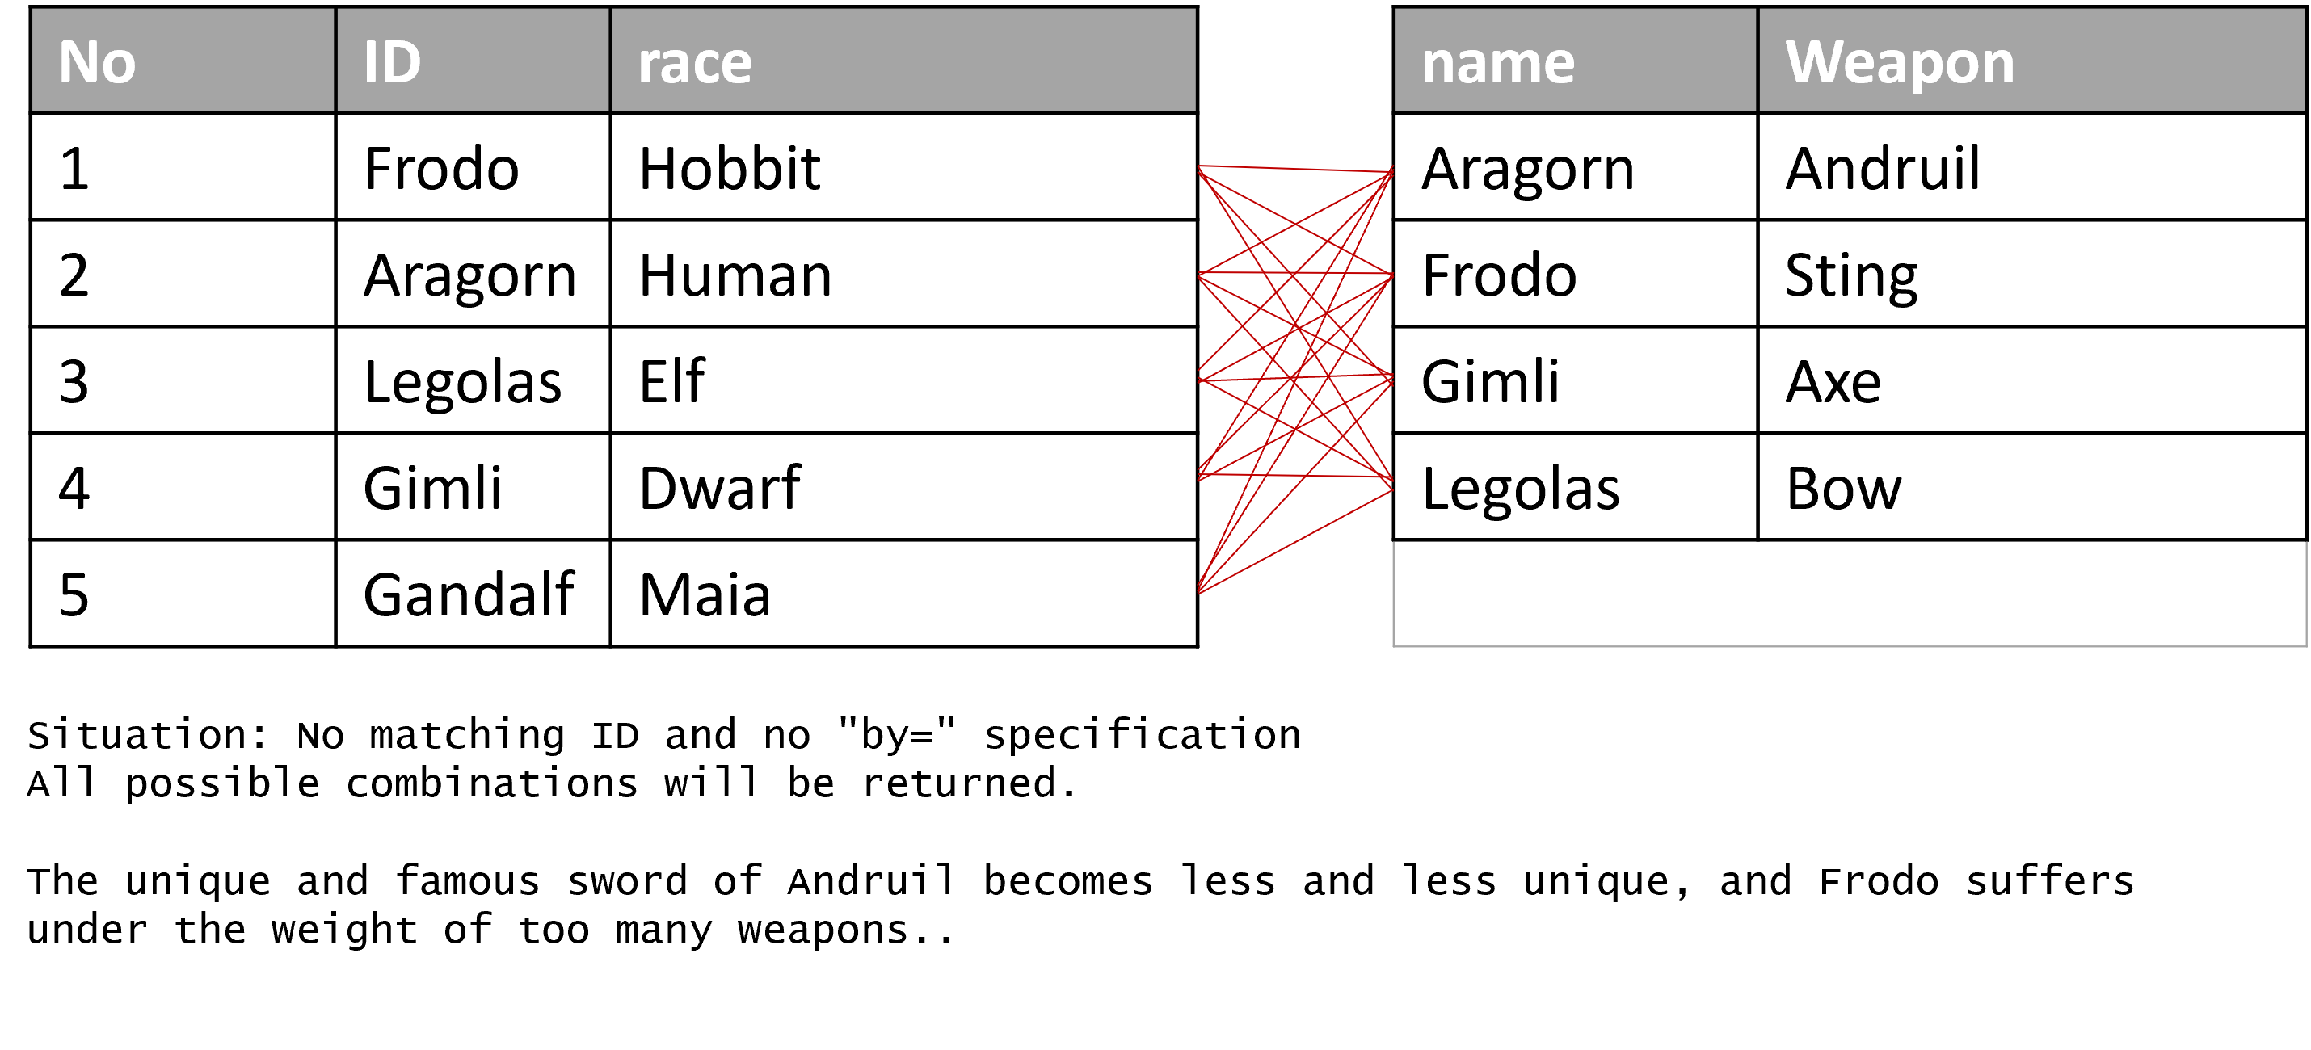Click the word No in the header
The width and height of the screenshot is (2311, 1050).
click(97, 63)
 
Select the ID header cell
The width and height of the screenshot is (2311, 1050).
click(473, 61)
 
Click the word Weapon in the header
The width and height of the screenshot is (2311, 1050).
click(1899, 63)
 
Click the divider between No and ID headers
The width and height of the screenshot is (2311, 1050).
click(335, 61)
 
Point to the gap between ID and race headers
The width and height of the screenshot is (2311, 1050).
click(610, 61)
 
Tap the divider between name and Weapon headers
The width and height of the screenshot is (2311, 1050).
click(1757, 61)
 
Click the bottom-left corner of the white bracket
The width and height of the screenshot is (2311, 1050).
click(1393, 645)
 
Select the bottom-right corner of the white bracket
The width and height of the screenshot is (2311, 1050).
click(2305, 645)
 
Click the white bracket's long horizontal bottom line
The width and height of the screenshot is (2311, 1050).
click(1848, 645)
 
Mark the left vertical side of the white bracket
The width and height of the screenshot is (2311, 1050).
click(1393, 592)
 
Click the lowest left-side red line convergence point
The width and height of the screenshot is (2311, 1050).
click(1198, 592)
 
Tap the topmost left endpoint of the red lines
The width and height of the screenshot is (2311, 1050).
click(1198, 166)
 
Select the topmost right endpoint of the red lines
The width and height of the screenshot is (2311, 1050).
click(1392, 170)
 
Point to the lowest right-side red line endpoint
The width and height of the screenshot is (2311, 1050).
click(1392, 489)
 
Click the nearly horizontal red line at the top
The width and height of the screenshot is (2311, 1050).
click(1295, 169)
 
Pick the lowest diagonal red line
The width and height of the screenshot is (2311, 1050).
click(1295, 540)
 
